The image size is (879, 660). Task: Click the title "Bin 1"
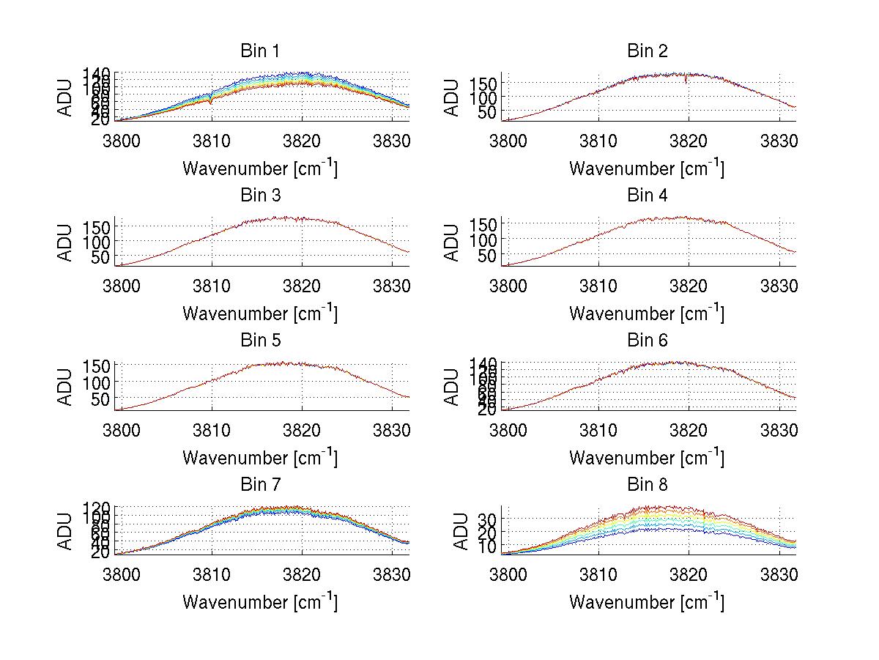click(259, 51)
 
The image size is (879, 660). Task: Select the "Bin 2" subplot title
click(647, 51)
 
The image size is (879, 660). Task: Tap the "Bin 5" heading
click(259, 341)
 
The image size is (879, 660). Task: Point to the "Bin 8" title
click(647, 485)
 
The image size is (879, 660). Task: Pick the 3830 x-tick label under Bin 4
click(779, 284)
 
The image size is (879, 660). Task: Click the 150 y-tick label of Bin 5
click(100, 366)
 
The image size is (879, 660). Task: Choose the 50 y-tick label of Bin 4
click(487, 255)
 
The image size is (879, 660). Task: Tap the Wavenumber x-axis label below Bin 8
click(647, 601)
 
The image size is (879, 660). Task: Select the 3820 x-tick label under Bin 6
click(689, 429)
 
